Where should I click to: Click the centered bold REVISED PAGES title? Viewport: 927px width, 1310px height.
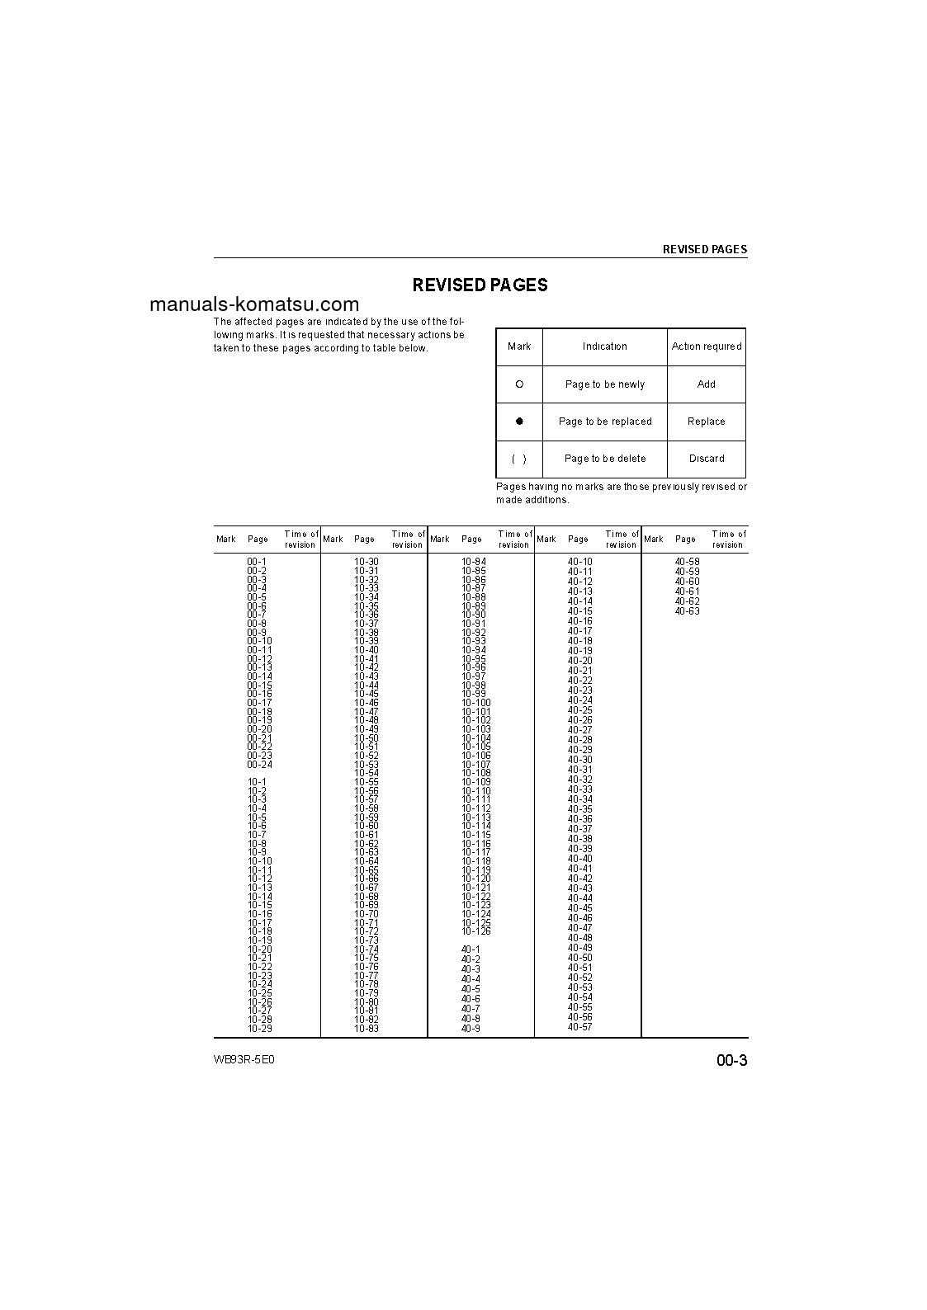(480, 285)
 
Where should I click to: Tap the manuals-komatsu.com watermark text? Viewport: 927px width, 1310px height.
(254, 304)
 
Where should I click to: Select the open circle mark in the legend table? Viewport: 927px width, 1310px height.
(519, 384)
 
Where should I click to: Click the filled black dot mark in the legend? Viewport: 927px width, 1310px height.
(519, 421)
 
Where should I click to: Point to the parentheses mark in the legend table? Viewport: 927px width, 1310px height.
(519, 459)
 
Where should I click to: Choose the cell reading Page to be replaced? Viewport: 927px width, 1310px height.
(605, 422)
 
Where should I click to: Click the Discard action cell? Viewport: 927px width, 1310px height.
(707, 459)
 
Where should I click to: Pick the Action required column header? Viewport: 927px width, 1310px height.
(707, 346)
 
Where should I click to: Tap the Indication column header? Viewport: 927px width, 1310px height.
(605, 346)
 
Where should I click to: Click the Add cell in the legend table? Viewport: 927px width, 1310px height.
(707, 384)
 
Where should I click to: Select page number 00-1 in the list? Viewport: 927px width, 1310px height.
(257, 562)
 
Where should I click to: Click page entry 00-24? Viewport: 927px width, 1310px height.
(259, 765)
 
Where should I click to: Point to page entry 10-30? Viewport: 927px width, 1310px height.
(367, 562)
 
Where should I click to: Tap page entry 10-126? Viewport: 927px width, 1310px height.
(476, 931)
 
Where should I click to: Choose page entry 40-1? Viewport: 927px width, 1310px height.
(471, 950)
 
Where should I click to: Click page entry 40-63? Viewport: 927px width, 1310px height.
(687, 611)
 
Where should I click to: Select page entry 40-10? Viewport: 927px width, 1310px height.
(579, 562)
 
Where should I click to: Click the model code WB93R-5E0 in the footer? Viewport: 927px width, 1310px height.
(244, 1060)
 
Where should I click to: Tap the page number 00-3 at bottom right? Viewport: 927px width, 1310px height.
(731, 1061)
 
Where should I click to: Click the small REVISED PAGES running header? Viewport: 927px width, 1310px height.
(705, 249)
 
